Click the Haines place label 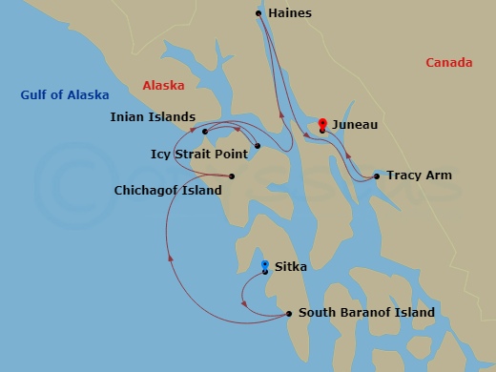(x=290, y=13)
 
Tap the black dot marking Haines (x=259, y=13)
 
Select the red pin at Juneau (x=322, y=124)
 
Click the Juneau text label (x=355, y=125)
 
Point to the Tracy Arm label (x=418, y=176)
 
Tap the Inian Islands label (x=152, y=118)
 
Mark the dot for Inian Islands (x=205, y=132)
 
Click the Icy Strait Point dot (x=258, y=146)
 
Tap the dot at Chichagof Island (x=232, y=176)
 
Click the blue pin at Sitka (x=265, y=264)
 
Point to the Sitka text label (x=290, y=267)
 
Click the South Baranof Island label (x=366, y=312)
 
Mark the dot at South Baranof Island (x=289, y=313)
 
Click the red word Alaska (x=163, y=86)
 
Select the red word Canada (x=448, y=63)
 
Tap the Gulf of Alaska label (x=65, y=95)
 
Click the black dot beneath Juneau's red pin (x=322, y=131)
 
